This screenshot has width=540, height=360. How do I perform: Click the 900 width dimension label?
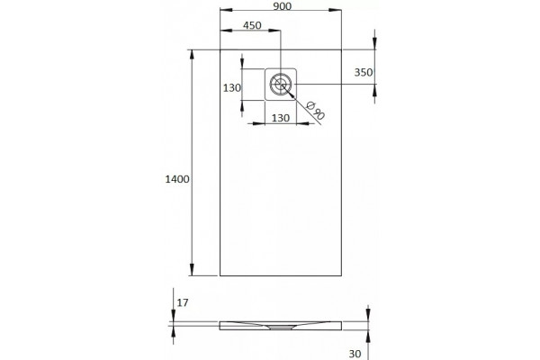click(x=282, y=6)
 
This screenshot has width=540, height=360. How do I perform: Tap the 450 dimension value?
click(x=252, y=25)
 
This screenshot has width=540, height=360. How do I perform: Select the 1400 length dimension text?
click(x=177, y=179)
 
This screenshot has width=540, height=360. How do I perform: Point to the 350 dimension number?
click(x=364, y=72)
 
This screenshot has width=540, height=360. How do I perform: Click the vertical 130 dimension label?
click(x=232, y=88)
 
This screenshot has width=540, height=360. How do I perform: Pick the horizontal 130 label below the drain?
click(x=281, y=118)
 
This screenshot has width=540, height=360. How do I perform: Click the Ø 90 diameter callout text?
click(x=315, y=110)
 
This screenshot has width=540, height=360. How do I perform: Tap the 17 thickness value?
click(x=183, y=302)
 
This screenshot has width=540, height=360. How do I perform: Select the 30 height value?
click(x=355, y=354)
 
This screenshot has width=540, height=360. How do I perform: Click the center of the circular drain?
click(x=281, y=84)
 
